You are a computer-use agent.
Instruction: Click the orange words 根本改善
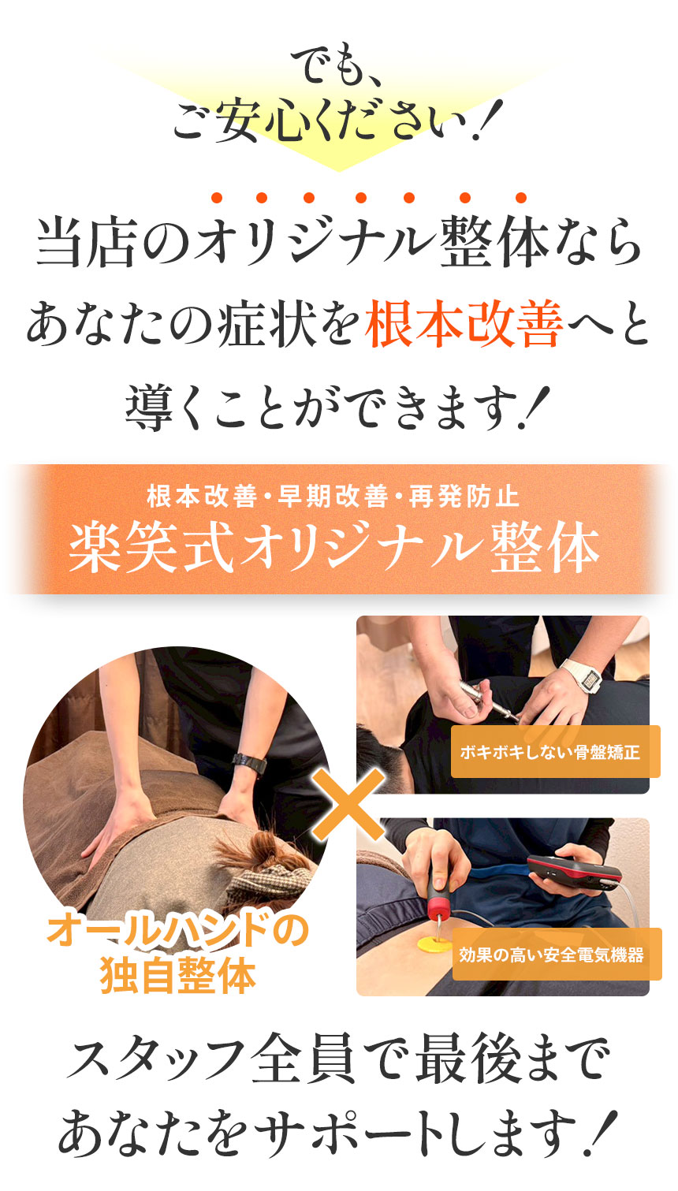tap(464, 326)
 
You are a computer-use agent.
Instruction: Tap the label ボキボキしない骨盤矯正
tap(550, 752)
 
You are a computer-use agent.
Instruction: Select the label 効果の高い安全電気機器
tap(552, 955)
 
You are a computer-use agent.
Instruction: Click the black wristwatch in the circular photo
tap(249, 763)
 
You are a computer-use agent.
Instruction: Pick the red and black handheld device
tap(574, 870)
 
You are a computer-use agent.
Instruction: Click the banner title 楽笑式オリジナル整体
tap(334, 549)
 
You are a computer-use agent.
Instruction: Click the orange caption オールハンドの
tap(178, 932)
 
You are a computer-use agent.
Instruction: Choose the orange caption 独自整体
tap(178, 976)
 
